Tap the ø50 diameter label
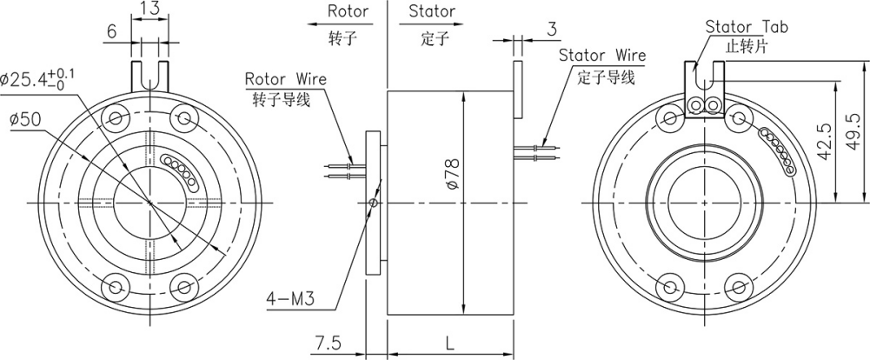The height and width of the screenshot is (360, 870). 25,118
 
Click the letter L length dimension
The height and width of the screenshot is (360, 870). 448,343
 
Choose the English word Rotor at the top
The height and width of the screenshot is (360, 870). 348,12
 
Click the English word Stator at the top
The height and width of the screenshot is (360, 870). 432,12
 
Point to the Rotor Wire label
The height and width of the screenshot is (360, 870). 285,79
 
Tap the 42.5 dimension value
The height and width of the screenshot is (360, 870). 823,139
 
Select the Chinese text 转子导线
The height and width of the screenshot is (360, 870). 278,97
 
